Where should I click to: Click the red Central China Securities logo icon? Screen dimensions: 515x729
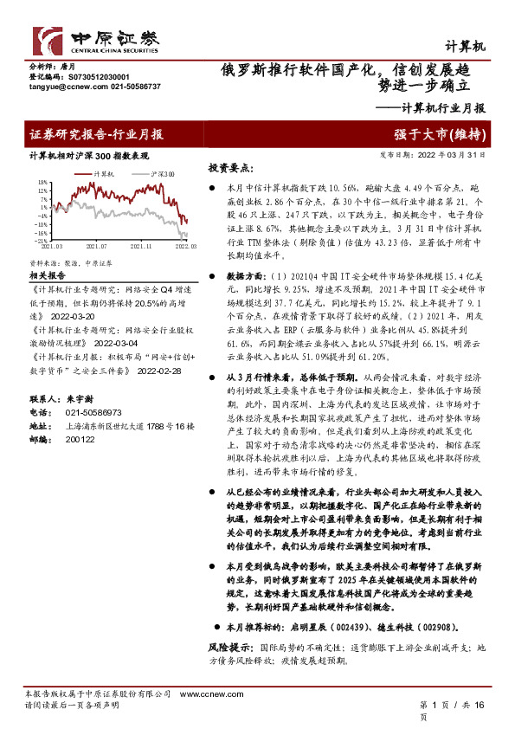(48, 41)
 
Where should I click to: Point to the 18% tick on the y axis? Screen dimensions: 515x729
(42, 183)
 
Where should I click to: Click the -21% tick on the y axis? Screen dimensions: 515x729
(41, 240)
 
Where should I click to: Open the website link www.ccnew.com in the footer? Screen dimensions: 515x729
(202, 695)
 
